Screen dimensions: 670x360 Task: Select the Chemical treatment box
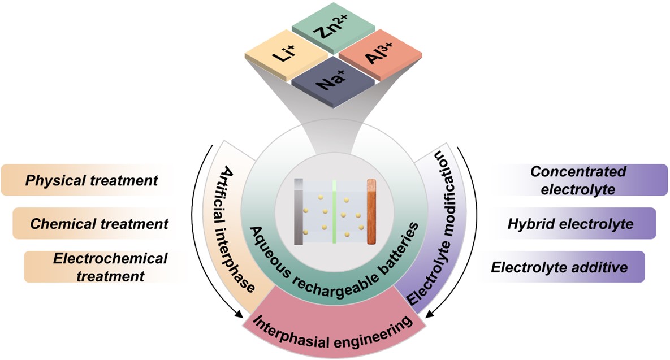pos(99,223)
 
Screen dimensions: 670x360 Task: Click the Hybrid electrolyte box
pos(570,223)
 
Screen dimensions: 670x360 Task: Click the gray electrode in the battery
pos(299,211)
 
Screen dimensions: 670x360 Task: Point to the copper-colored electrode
pos(371,211)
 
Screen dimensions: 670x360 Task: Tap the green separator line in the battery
pos(335,211)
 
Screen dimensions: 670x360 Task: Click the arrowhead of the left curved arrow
pos(239,315)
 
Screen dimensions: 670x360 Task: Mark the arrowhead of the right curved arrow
pos(430,315)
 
